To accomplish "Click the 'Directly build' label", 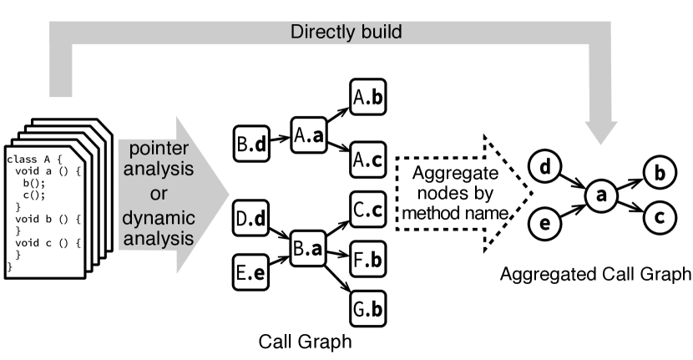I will point(346,33).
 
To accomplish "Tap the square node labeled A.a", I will point(309,135).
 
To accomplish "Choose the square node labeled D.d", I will point(251,219).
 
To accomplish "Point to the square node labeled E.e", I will point(251,272).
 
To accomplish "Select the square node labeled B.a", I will point(309,249).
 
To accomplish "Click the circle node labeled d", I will point(544,167).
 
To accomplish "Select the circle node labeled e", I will point(544,224).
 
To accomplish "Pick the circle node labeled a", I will point(599,195).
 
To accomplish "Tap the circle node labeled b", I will point(659,174).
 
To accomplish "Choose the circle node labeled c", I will point(659,218).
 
